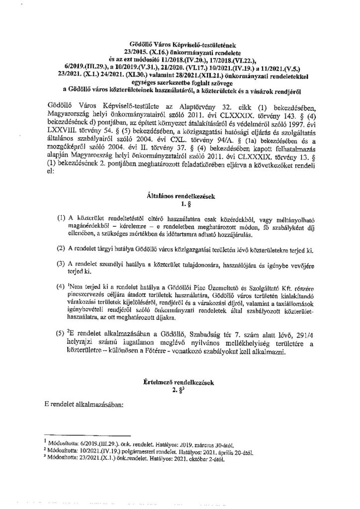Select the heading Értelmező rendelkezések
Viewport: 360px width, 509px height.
[180, 383]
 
